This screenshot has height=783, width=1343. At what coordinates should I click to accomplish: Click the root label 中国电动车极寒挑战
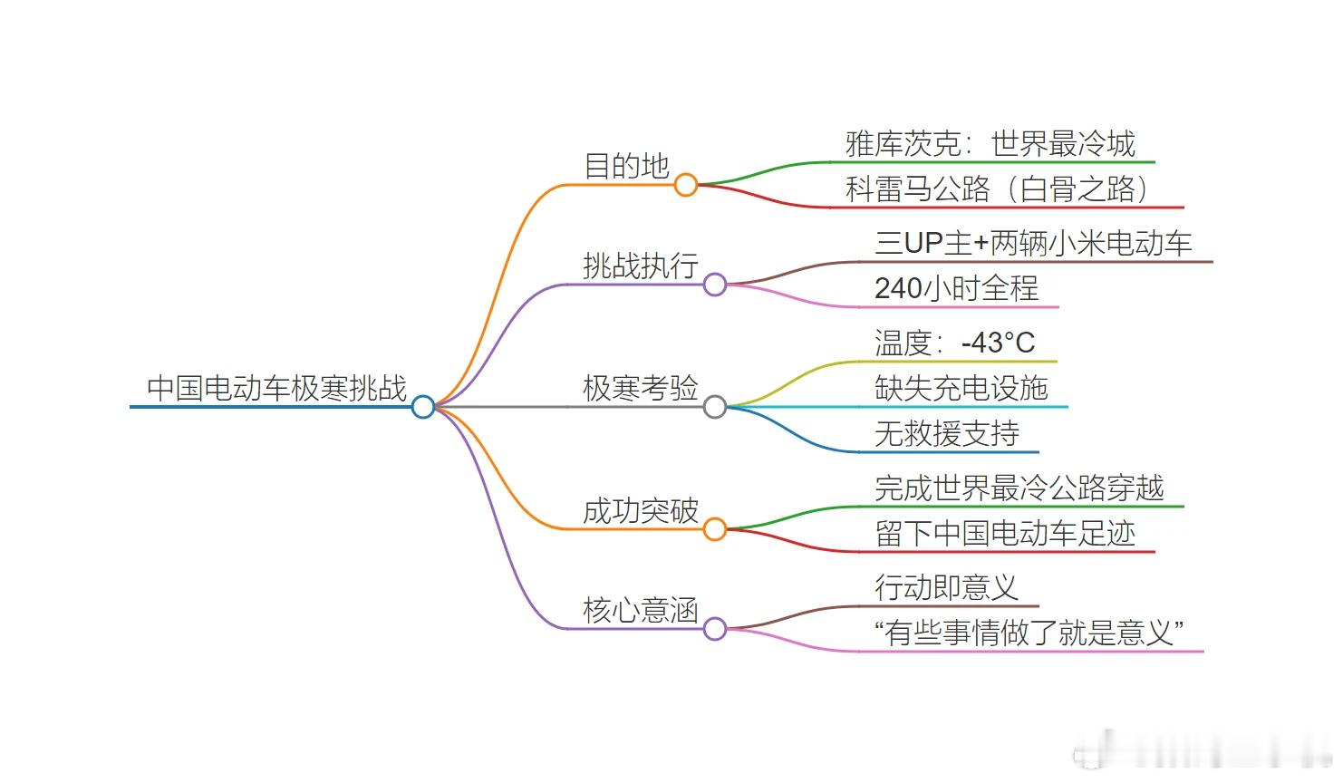pos(277,388)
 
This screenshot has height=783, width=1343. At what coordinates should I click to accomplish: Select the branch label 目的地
pos(626,166)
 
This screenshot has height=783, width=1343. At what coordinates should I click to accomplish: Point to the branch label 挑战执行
pos(641,266)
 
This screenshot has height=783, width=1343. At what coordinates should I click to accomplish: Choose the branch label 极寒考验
pos(641,388)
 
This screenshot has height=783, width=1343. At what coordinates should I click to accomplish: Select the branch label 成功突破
pos(641,511)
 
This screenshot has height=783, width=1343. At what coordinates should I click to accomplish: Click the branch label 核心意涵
pos(641,610)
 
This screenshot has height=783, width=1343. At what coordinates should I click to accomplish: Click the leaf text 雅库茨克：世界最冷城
pos(990,144)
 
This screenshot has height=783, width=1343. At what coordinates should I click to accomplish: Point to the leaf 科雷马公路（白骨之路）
pos(999,188)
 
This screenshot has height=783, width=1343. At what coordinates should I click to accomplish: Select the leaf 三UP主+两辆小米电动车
pos(1033,244)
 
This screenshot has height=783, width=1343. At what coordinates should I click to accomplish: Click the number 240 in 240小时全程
pos(898,288)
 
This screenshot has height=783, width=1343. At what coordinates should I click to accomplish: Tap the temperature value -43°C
pos(999,343)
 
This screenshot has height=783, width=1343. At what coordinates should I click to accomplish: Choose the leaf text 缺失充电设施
pos(961,388)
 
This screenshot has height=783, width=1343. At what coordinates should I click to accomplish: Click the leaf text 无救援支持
pos(947,433)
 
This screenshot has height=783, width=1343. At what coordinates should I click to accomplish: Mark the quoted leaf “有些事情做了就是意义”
pos(1029,633)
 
